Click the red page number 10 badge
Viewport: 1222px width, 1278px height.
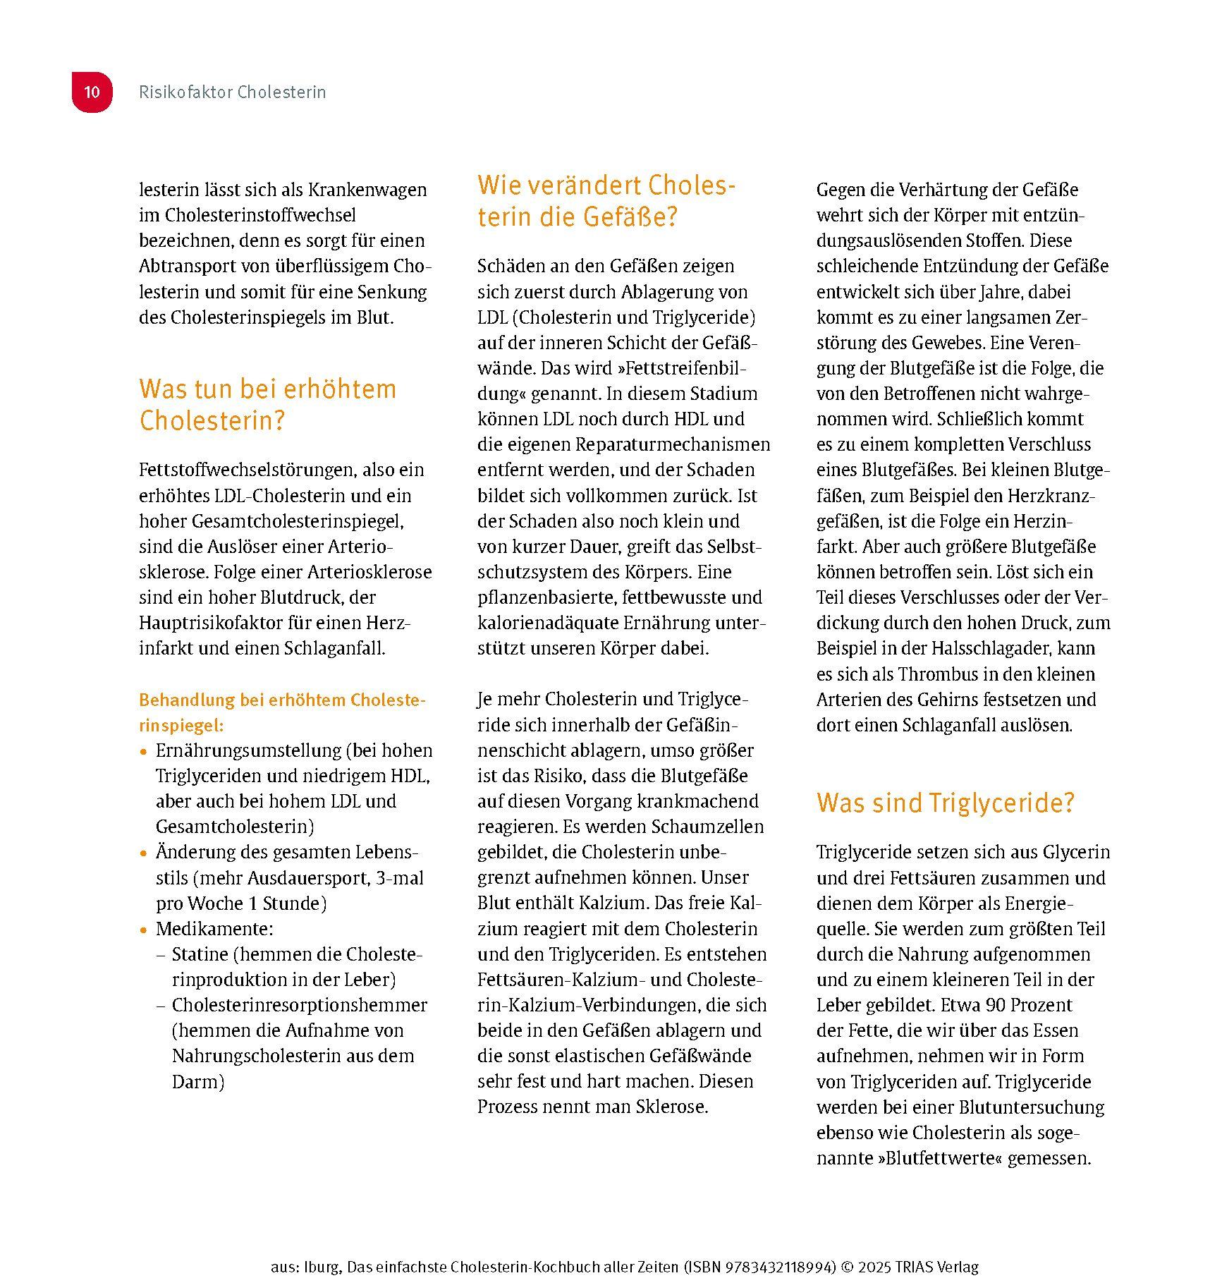92,92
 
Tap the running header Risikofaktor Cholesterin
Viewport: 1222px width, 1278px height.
232,92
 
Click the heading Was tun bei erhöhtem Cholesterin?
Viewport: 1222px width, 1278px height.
267,404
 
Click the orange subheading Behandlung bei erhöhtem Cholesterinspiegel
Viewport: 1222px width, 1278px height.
282,712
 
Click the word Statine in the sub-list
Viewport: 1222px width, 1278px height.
200,954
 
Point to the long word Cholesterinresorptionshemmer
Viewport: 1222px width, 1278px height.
300,1005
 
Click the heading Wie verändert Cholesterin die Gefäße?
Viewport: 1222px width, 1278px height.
606,201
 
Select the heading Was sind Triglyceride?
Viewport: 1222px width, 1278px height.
945,803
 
